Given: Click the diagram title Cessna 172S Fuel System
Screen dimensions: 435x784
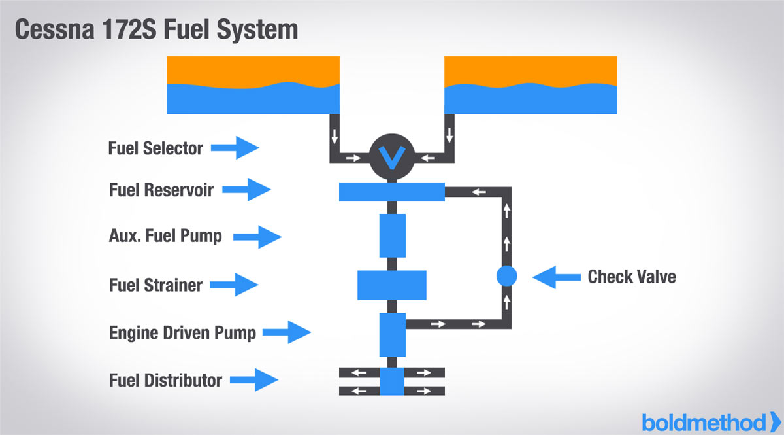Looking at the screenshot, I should [157, 29].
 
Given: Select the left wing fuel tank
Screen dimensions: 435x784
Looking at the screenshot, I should [253, 85].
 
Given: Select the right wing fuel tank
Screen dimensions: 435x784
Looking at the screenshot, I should [531, 85].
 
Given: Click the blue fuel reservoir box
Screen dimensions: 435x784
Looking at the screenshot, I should [392, 192].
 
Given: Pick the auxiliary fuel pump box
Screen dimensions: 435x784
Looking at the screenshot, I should [392, 235].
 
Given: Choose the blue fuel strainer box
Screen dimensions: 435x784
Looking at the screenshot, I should [392, 285].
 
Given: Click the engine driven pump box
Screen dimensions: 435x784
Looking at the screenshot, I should [392, 334].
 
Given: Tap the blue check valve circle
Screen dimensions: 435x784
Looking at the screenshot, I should [506, 276].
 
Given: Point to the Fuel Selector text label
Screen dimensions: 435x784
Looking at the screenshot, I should [155, 148].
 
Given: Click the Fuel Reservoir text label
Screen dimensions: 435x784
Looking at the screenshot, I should [161, 190].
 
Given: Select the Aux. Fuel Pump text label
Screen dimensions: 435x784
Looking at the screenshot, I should [165, 236].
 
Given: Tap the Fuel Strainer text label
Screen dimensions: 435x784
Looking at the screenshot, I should [155, 285].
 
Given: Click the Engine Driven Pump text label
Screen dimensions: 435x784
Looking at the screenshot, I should [182, 332].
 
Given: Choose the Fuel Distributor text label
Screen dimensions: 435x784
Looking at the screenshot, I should [165, 379].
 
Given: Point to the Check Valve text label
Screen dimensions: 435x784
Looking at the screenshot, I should [632, 276].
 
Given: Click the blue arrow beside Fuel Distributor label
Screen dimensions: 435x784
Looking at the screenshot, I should [255, 379].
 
